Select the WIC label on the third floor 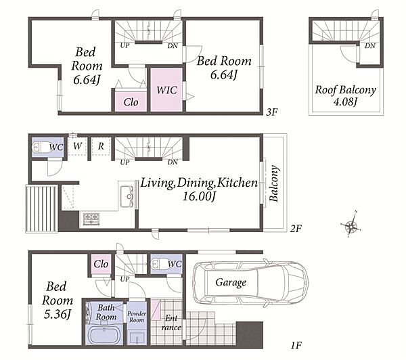[166, 90]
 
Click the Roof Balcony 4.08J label [345, 95]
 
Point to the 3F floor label [272, 112]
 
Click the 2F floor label [296, 229]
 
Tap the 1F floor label [296, 345]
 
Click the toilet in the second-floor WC [39, 148]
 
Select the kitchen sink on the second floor [127, 196]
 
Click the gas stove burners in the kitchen [91, 219]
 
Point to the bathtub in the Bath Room [104, 334]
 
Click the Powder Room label [137, 317]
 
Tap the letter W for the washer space [77, 146]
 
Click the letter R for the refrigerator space [101, 146]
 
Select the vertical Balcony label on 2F [274, 183]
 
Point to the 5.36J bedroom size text [58, 314]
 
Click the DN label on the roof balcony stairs [370, 46]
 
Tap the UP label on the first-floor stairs [125, 279]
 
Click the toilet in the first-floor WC [158, 264]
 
